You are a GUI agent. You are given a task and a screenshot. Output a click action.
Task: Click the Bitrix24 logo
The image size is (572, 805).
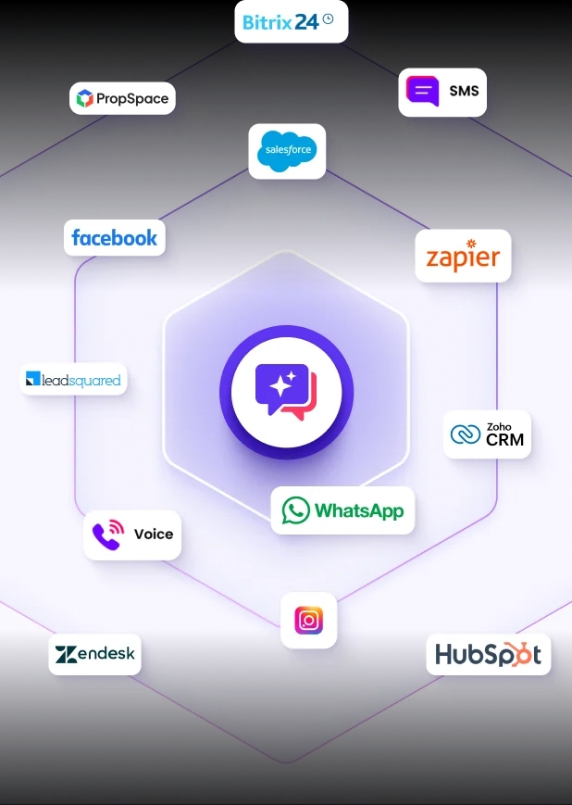click(x=288, y=22)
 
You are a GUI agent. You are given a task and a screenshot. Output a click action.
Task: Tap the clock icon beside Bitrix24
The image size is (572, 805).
click(x=329, y=19)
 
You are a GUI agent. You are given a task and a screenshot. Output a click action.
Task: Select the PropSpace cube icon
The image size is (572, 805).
click(x=84, y=98)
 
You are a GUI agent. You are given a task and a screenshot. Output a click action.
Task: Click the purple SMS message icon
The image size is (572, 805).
click(x=422, y=91)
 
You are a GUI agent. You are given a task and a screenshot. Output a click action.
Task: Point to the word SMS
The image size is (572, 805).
click(x=464, y=91)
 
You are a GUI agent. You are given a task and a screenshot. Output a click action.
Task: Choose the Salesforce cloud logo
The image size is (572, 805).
click(x=287, y=151)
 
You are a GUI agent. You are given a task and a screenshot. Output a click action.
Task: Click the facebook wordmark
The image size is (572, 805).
click(x=115, y=238)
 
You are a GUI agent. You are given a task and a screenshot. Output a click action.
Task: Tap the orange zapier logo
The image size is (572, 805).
click(x=463, y=256)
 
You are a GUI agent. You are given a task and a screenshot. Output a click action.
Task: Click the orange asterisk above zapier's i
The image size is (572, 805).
click(x=471, y=244)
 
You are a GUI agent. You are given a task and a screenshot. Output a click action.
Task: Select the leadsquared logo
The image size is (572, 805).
click(x=73, y=380)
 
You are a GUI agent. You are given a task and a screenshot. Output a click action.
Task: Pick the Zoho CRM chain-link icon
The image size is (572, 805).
click(x=466, y=434)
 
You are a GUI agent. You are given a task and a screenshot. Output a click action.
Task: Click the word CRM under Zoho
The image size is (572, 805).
click(x=504, y=439)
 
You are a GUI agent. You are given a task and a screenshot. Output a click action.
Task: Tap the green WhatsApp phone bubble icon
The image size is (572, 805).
click(x=296, y=510)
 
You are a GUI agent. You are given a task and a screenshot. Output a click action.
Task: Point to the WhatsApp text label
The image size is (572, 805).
click(x=359, y=510)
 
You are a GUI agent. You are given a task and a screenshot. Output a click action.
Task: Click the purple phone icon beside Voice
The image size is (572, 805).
click(x=108, y=535)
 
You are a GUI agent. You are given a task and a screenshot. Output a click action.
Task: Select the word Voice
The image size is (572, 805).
click(x=154, y=535)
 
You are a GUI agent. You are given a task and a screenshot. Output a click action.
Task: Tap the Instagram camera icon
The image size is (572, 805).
click(x=309, y=620)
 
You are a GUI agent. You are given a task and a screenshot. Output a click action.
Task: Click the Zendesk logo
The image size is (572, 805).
click(x=95, y=654)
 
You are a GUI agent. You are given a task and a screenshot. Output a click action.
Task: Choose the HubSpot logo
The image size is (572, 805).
click(x=489, y=655)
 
